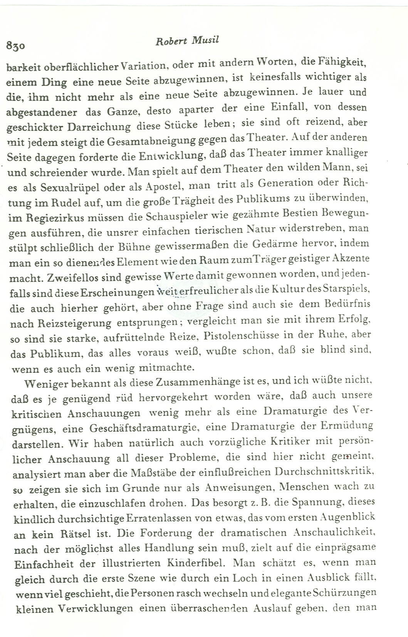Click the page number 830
tap(16, 46)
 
